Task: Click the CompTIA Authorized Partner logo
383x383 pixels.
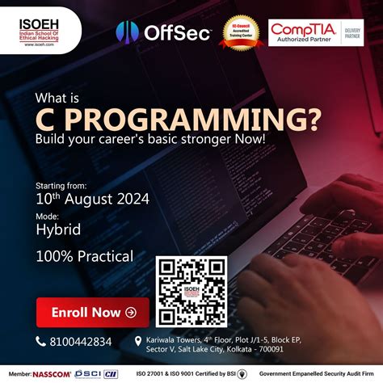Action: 306,33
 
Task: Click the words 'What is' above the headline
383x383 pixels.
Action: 58,99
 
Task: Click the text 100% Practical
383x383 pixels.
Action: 84,257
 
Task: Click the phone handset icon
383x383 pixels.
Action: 41,341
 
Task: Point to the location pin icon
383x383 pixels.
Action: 138,341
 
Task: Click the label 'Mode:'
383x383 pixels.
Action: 47,216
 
